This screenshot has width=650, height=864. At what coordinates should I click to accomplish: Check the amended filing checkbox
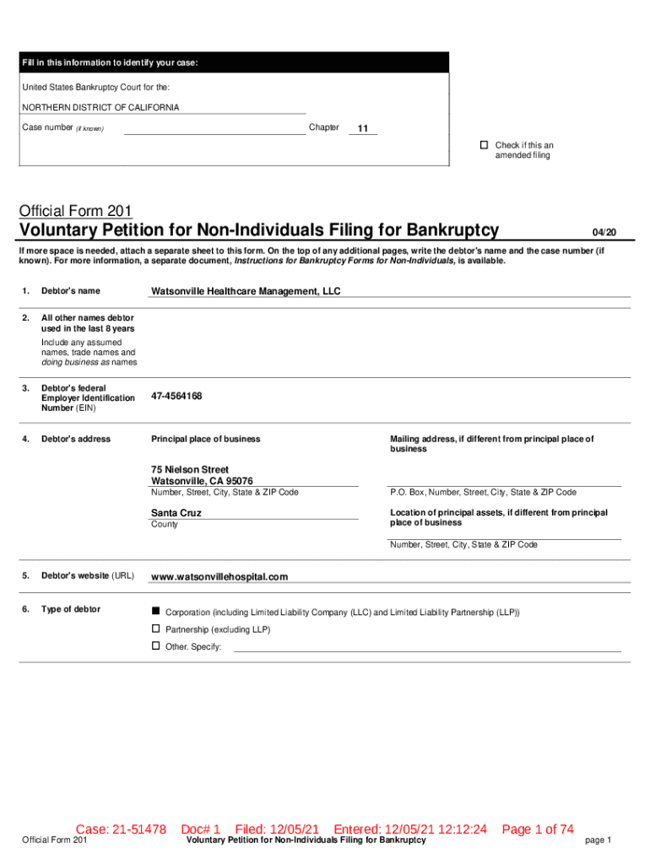pos(485,145)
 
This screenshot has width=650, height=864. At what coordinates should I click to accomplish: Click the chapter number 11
pos(363,129)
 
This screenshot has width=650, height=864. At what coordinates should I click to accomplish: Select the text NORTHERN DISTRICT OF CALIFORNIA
pos(100,108)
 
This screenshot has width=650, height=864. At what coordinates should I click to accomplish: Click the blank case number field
pos(214,129)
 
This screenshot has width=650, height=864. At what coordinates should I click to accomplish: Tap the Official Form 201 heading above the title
pos(75,211)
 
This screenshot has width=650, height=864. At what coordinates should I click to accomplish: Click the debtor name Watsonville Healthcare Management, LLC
pos(245,291)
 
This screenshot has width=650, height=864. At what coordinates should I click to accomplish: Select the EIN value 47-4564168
pos(176,396)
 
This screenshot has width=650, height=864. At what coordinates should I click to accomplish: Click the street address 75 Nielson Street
pos(190,469)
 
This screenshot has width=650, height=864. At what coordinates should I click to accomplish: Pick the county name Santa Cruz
pos(176,513)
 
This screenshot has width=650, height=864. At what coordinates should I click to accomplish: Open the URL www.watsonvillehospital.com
pos(219,577)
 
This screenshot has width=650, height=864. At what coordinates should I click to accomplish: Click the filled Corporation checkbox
pos(155,610)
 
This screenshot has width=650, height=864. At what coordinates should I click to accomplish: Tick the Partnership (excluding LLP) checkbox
pos(155,629)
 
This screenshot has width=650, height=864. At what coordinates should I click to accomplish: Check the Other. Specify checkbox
pos(155,645)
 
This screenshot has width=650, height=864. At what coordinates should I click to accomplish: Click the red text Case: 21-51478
pos(121,829)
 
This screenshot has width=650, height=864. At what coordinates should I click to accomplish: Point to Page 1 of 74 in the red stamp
pos(538,829)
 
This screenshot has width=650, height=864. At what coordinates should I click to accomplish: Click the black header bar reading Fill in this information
pos(236,62)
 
